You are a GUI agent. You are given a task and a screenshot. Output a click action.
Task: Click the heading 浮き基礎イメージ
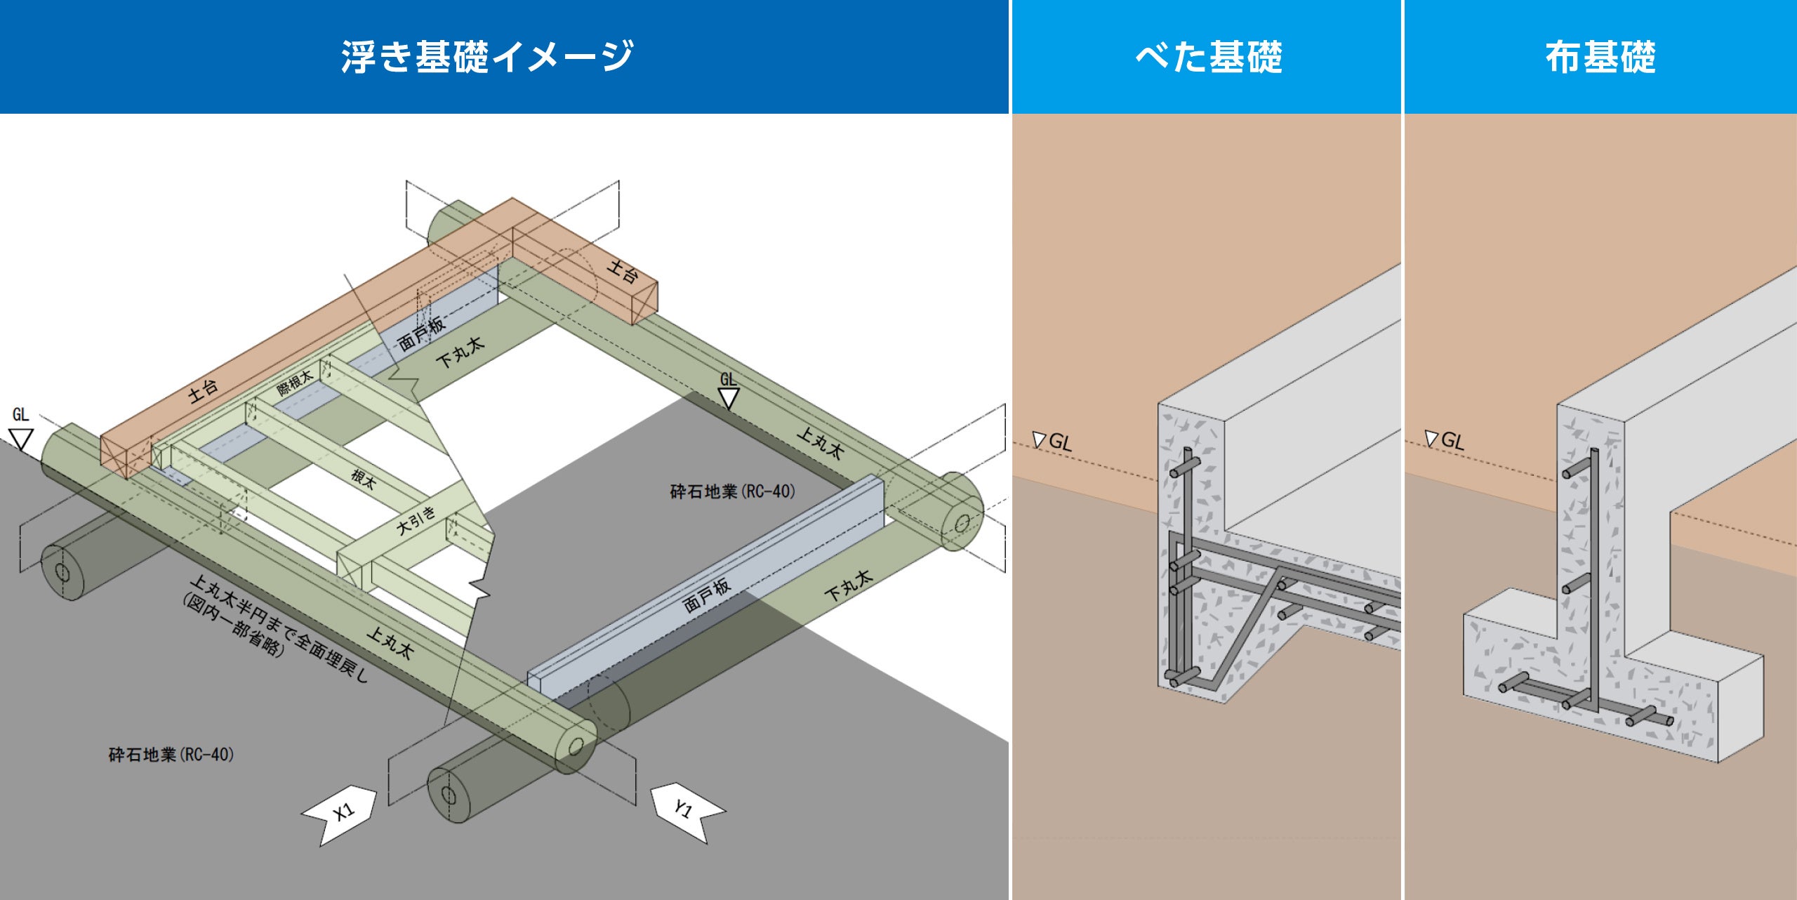click(487, 56)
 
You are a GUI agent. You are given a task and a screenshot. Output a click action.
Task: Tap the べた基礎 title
click(1209, 56)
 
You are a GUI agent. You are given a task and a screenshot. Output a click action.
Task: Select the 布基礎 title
click(1600, 56)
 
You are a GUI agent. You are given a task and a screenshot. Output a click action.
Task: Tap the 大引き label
click(416, 520)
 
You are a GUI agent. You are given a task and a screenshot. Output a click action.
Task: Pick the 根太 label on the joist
click(364, 479)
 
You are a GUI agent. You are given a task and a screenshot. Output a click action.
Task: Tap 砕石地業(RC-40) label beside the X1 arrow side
click(171, 755)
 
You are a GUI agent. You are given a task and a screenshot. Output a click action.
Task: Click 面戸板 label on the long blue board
click(707, 595)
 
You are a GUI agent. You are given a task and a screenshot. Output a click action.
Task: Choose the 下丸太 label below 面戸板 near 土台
click(460, 352)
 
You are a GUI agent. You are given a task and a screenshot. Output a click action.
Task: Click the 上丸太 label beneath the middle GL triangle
click(820, 443)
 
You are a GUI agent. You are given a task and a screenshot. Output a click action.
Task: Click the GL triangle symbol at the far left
click(21, 439)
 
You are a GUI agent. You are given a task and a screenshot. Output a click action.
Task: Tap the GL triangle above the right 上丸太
click(729, 399)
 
